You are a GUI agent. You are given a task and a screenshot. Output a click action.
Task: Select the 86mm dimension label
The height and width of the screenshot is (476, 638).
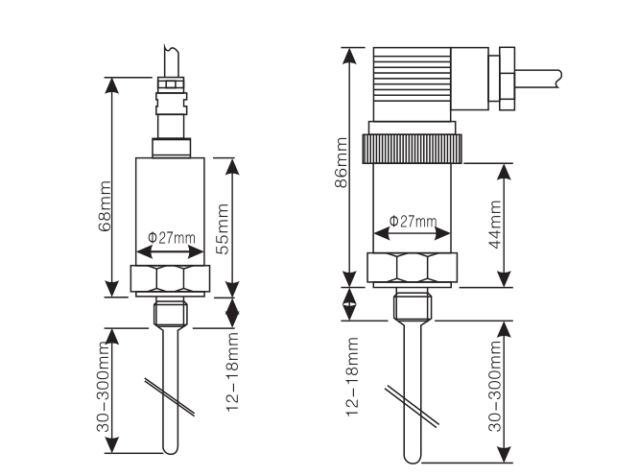pyautogui.click(x=341, y=163)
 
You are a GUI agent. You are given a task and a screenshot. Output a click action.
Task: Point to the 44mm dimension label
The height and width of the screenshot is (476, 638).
pyautogui.click(x=495, y=225)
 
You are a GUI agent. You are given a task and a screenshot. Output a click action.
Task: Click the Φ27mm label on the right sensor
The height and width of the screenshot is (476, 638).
pyautogui.click(x=413, y=222)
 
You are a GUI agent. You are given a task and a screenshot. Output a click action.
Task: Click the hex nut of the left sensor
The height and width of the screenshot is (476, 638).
pyautogui.click(x=169, y=279)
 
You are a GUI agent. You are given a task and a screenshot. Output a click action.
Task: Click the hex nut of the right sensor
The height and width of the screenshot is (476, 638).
pyautogui.click(x=414, y=268)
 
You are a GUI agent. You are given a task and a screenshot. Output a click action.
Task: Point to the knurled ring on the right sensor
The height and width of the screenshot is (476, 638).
pyautogui.click(x=414, y=149)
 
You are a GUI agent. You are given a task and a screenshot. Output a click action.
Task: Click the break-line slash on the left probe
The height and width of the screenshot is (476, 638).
pyautogui.click(x=171, y=394)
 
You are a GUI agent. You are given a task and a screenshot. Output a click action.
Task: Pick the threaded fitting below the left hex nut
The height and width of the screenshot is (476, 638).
pyautogui.click(x=169, y=311)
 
